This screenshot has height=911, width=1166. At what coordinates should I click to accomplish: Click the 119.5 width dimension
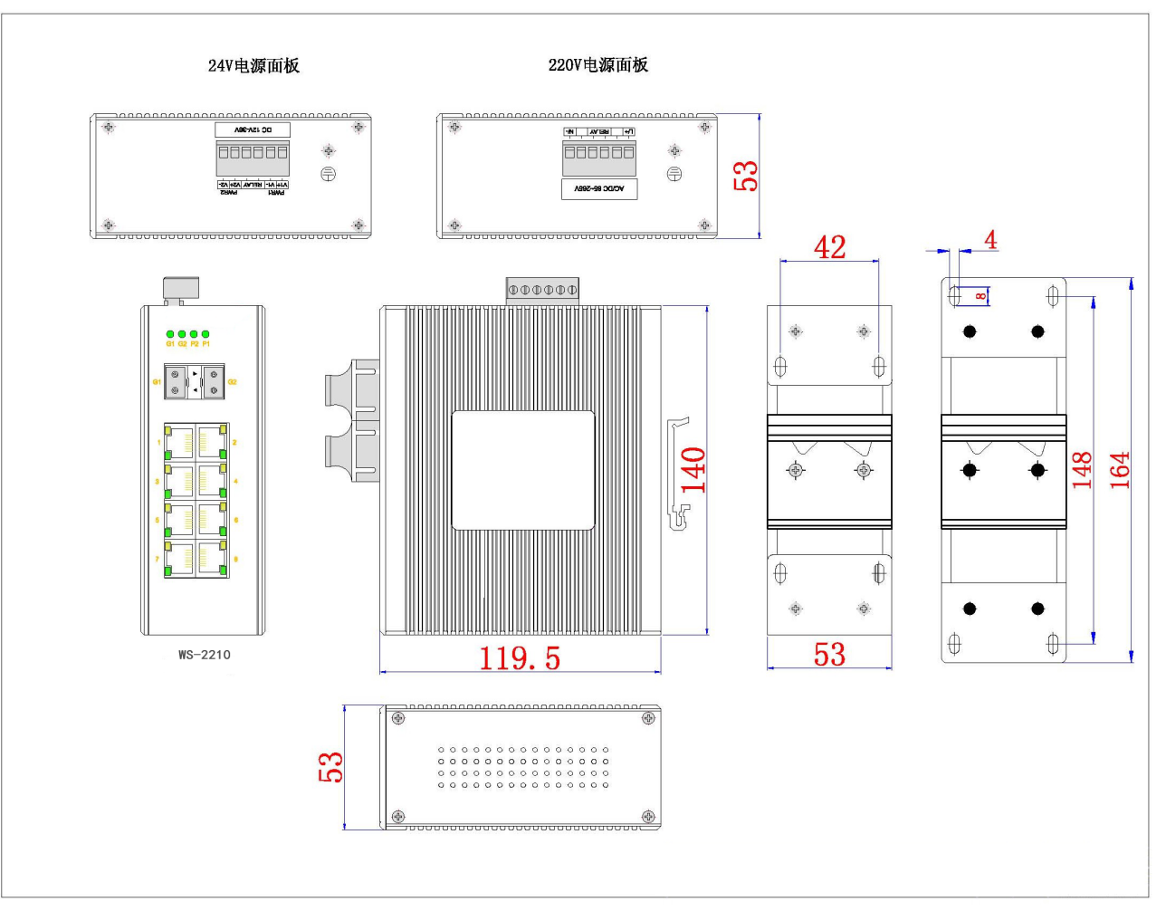point(519,657)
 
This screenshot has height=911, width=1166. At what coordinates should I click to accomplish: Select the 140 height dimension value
point(693,469)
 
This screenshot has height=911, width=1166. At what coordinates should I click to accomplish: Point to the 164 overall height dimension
point(1120,469)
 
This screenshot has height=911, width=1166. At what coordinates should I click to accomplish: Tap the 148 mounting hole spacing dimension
point(1082,469)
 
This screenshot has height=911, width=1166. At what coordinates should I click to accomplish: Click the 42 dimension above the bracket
point(829,245)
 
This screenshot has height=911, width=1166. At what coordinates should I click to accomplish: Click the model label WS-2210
point(204,654)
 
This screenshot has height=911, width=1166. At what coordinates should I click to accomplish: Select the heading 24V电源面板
point(253,65)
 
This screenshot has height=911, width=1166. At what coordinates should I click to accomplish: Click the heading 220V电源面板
point(598,64)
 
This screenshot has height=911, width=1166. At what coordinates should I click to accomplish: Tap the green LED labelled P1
point(205,334)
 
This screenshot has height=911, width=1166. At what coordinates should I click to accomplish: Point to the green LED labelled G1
point(170,334)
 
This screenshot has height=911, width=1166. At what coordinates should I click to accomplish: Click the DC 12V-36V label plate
point(252,131)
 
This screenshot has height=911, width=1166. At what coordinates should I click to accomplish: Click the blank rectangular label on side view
point(523,469)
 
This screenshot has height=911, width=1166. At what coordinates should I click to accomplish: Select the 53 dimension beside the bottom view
point(333,766)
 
